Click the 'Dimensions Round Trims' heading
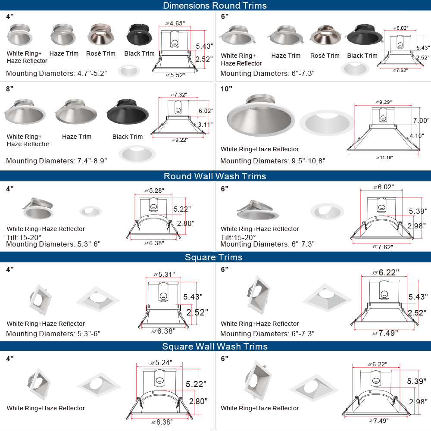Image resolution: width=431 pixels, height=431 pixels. pos(215,6)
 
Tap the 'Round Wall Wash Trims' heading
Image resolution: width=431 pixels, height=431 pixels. pos(215,176)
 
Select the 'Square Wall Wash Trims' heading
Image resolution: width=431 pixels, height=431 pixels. pos(215,346)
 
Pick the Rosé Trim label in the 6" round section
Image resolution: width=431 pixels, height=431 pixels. pos(325,56)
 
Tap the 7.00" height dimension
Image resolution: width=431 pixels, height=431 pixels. pos(421,121)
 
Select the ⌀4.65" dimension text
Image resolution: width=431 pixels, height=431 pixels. pos(175,23)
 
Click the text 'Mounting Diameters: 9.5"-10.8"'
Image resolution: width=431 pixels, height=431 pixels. pos(272,161)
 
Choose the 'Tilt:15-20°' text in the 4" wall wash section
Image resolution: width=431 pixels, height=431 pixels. pos(24,237)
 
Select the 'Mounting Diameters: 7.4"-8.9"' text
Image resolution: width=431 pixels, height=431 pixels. pos(56,161)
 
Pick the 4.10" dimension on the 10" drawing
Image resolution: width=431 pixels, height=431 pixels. pos(417,136)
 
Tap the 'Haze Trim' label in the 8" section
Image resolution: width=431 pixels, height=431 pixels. pos(77,137)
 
